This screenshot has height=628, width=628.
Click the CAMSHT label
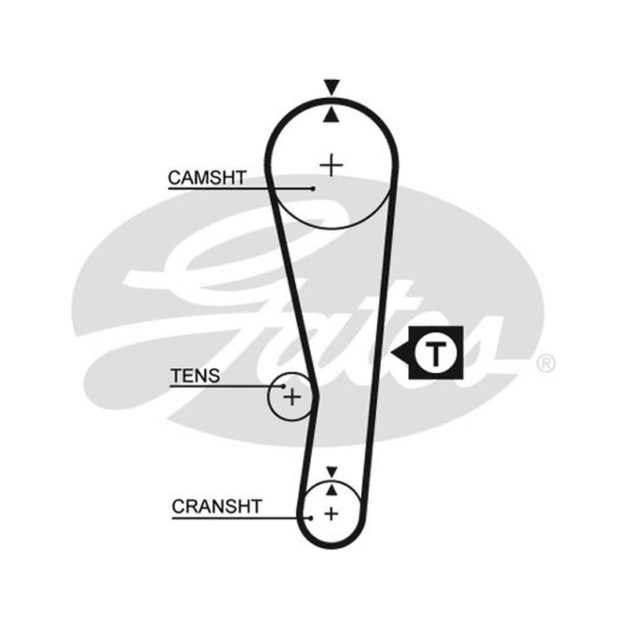(x=207, y=178)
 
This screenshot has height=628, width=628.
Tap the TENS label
(x=195, y=376)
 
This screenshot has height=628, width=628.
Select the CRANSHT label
(x=217, y=506)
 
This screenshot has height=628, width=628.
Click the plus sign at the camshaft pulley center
(x=331, y=165)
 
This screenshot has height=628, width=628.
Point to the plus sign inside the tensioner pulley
(x=292, y=397)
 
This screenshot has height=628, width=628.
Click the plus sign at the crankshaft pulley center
(x=331, y=514)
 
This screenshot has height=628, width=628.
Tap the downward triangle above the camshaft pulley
(x=332, y=87)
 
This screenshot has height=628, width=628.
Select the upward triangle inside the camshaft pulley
(x=331, y=114)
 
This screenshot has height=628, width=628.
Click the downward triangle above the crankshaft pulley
(x=332, y=472)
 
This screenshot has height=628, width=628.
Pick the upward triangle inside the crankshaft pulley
(x=331, y=489)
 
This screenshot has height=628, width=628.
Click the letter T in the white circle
(x=436, y=354)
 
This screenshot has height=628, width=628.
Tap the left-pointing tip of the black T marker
(x=391, y=353)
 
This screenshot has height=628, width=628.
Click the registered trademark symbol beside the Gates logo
(x=546, y=363)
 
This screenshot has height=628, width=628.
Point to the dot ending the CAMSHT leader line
(x=312, y=188)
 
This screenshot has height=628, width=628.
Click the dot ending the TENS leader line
(x=283, y=386)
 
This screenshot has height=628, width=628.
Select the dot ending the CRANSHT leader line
(x=311, y=518)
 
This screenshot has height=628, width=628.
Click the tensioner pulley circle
(x=268, y=396)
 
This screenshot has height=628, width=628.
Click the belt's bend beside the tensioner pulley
(x=316, y=396)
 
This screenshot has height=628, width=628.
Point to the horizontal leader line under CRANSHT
(x=241, y=518)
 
